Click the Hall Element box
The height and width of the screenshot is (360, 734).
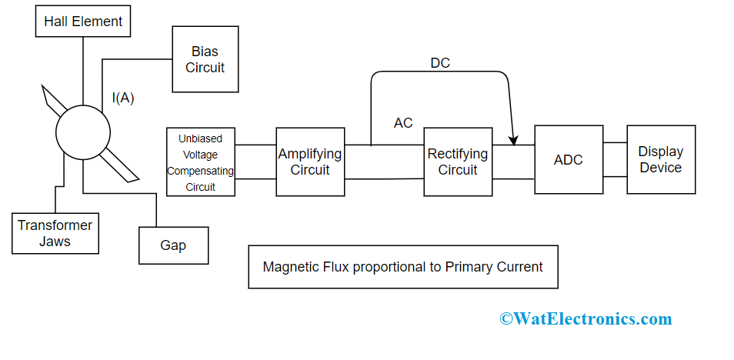point(83,22)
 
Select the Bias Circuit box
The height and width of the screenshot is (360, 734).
point(205,60)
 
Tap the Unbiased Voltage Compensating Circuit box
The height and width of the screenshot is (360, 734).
point(201,162)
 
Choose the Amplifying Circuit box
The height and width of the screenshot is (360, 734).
point(310,162)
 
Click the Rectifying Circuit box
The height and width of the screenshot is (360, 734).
point(458,162)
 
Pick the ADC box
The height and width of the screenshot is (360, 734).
point(568,160)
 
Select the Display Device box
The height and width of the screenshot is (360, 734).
point(661,159)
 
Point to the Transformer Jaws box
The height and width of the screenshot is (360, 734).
point(55,233)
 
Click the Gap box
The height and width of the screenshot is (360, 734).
point(173,245)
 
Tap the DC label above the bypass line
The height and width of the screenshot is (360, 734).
point(440,63)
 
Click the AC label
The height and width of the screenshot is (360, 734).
point(403,123)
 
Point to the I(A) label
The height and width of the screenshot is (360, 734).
point(123,98)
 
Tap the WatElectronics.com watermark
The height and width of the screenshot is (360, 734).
point(586,318)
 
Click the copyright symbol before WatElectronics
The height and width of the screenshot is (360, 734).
point(505,318)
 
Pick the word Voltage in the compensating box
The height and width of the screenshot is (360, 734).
point(200,155)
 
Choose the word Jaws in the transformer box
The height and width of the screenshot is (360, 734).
point(55,241)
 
